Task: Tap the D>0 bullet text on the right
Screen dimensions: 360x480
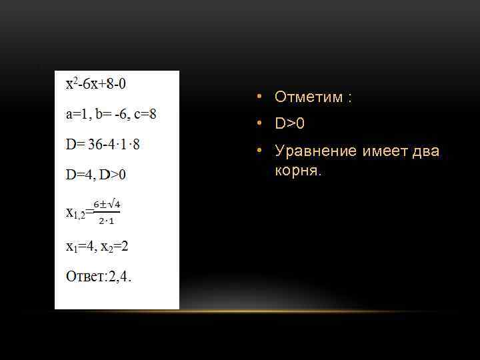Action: [289, 124]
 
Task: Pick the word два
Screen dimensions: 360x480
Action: [425, 151]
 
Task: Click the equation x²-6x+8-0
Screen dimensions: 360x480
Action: [96, 84]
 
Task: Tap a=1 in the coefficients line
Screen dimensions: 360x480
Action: [78, 114]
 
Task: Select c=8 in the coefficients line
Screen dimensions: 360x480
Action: [145, 114]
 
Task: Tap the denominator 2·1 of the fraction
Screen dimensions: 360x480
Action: [106, 220]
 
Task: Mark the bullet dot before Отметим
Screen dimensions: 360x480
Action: [258, 97]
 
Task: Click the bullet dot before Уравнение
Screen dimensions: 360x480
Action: [258, 151]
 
